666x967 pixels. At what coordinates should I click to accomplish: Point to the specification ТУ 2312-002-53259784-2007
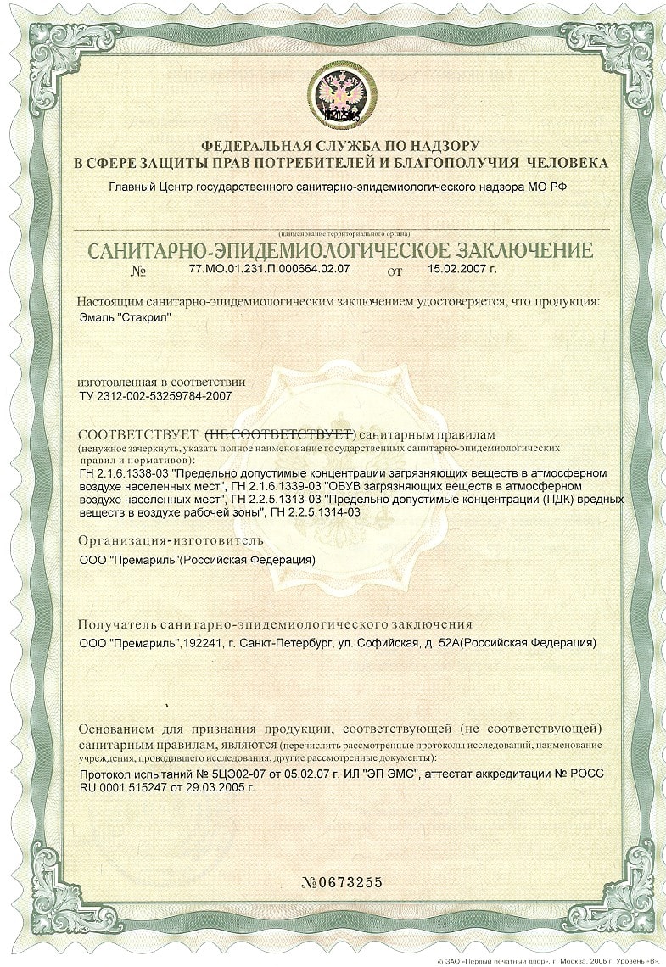coord(154,395)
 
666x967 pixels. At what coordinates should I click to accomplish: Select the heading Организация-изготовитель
coord(171,539)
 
